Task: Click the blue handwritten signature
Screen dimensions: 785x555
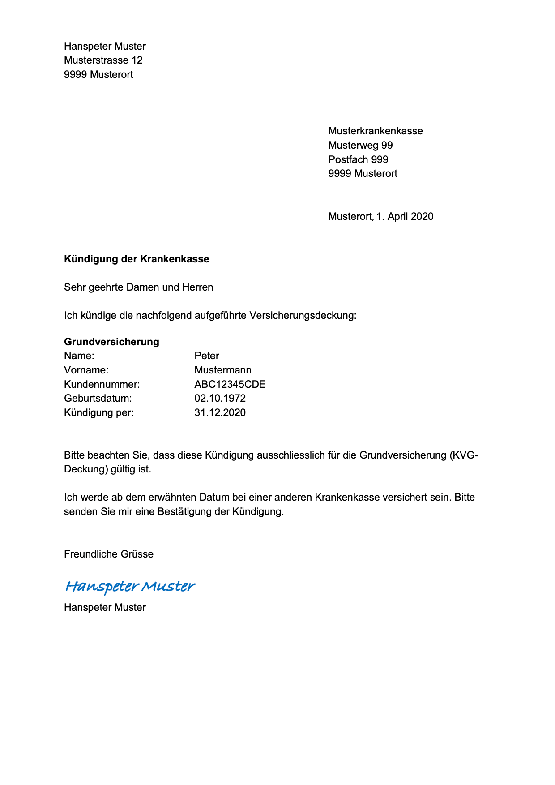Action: [130, 586]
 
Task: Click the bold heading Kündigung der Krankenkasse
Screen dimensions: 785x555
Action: [137, 259]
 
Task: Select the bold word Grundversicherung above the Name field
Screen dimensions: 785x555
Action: [111, 342]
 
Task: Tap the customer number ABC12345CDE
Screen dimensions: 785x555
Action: [230, 384]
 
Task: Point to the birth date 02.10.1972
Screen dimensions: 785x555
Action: [220, 398]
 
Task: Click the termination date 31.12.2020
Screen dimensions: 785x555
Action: [220, 412]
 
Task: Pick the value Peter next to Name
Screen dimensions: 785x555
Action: [206, 356]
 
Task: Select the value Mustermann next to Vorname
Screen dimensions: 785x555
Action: [222, 370]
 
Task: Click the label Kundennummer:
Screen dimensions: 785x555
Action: [102, 384]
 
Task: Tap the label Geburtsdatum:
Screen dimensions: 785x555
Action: [98, 398]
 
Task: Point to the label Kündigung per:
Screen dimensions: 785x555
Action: [98, 412]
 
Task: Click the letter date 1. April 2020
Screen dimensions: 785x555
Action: [405, 216]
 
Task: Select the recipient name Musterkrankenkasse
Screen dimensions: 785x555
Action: [375, 131]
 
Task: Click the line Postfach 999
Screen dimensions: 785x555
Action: [358, 159]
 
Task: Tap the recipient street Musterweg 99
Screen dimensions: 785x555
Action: [360, 145]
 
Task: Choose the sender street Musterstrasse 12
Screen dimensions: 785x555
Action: [103, 60]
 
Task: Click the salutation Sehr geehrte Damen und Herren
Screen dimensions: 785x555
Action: [138, 287]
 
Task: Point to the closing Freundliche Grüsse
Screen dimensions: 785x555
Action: [108, 554]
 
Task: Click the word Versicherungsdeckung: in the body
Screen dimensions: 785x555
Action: [303, 315]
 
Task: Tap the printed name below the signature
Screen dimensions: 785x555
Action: [105, 607]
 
